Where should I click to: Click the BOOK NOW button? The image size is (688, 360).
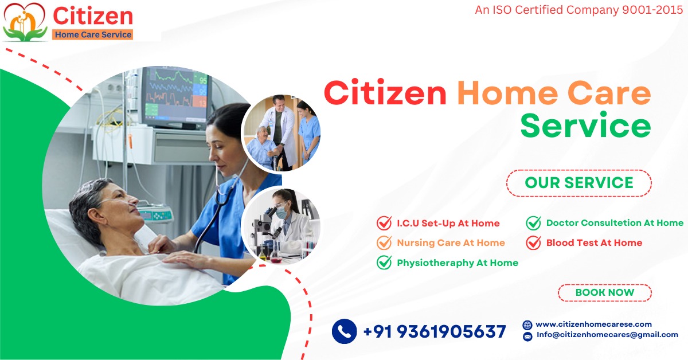click(604, 292)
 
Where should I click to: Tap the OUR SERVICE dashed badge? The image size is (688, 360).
click(579, 183)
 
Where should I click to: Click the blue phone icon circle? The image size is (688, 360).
click(345, 331)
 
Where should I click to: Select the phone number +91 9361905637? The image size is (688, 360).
click(435, 331)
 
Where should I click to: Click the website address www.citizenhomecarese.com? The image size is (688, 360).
click(593, 324)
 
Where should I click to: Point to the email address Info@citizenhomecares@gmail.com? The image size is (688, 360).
click(607, 335)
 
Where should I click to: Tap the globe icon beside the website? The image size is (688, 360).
click(527, 325)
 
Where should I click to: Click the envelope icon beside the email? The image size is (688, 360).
click(527, 336)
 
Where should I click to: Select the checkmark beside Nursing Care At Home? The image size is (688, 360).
click(384, 242)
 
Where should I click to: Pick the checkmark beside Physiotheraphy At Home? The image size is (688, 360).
click(384, 263)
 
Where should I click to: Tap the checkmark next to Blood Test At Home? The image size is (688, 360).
click(534, 242)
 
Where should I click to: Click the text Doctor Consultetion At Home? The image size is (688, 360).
click(615, 222)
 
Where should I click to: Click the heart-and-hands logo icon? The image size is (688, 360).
click(25, 22)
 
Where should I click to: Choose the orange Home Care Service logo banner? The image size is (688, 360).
click(93, 34)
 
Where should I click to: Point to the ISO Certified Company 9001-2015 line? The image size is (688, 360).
click(578, 10)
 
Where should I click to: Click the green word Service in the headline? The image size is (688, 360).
click(585, 126)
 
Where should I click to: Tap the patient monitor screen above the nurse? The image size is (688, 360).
click(175, 97)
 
